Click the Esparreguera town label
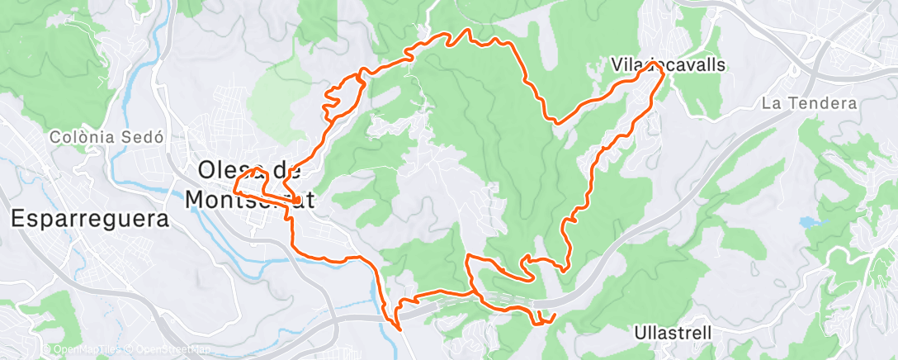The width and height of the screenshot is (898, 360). click(x=89, y=220)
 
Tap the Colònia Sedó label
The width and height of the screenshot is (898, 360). click(x=103, y=137)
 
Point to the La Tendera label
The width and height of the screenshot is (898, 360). click(x=810, y=104)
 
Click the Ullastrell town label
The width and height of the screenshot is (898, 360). click(x=673, y=333)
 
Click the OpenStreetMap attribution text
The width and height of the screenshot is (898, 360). click(x=162, y=350)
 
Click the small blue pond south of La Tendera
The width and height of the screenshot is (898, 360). click(x=806, y=222)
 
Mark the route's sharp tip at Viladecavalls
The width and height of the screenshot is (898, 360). click(x=652, y=63)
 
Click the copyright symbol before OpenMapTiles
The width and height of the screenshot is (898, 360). click(x=47, y=350)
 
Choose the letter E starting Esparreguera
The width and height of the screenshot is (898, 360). click(x=18, y=220)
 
